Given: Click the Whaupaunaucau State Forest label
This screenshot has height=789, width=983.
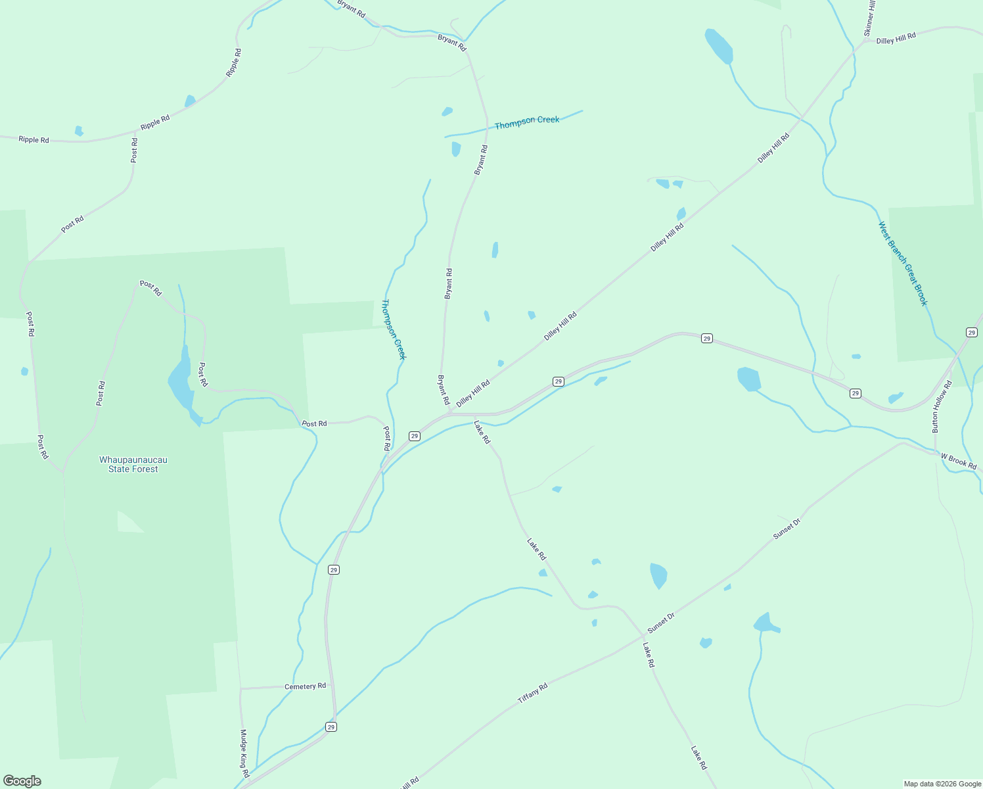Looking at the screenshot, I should (133, 464).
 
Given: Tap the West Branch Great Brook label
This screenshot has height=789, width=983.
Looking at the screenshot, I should (903, 264).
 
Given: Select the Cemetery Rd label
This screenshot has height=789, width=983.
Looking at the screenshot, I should (305, 686).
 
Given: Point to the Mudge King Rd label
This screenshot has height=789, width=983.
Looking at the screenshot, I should (244, 753).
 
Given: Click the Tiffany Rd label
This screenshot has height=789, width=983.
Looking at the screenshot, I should (532, 694).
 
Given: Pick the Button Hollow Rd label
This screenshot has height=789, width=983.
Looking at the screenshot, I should (941, 406).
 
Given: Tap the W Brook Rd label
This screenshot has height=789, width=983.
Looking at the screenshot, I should (958, 461).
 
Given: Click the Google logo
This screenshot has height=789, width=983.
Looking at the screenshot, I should (22, 781).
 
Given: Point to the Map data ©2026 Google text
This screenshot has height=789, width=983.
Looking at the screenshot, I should (942, 784).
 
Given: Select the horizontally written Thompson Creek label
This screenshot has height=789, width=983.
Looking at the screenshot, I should (527, 122).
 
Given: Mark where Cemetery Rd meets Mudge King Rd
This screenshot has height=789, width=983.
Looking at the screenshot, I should (241, 688).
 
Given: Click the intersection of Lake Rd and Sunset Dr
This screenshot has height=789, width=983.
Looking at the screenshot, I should (641, 636).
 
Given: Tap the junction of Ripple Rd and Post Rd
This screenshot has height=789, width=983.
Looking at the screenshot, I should (135, 131).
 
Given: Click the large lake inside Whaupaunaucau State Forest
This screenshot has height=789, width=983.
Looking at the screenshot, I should (180, 385).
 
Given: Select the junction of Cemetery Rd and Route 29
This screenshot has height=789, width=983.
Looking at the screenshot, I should (334, 684).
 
